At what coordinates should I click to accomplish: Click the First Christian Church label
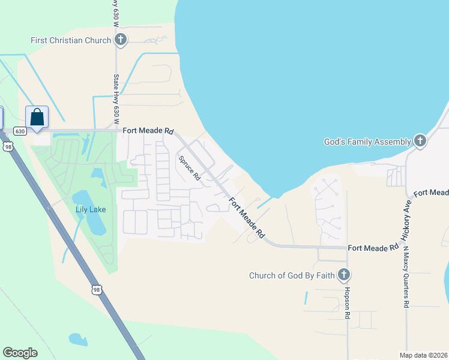[71, 40]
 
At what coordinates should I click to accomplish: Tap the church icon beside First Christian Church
[120, 40]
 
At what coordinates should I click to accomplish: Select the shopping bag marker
[37, 117]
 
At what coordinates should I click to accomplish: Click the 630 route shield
[20, 131]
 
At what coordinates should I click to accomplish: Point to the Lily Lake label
[91, 209]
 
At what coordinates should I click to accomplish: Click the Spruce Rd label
[188, 168]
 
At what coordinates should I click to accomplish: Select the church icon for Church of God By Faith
[344, 275]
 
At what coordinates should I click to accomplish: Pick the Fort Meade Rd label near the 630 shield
[148, 130]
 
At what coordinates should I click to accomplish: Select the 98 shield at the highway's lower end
[96, 290]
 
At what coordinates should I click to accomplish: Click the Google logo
[20, 353]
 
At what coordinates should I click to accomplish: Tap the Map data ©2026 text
[423, 355]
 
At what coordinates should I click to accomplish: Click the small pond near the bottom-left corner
[78, 339]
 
